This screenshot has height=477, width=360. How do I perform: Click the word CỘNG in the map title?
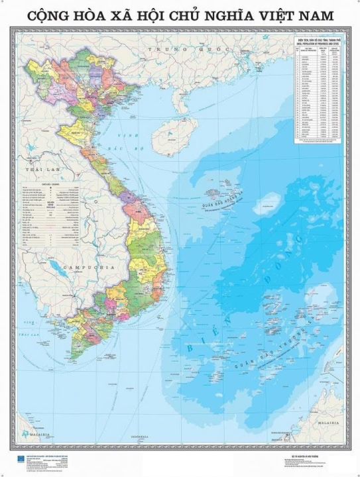click(46, 14)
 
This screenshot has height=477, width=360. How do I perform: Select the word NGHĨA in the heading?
click(223, 14)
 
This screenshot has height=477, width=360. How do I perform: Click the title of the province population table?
click(318, 42)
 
